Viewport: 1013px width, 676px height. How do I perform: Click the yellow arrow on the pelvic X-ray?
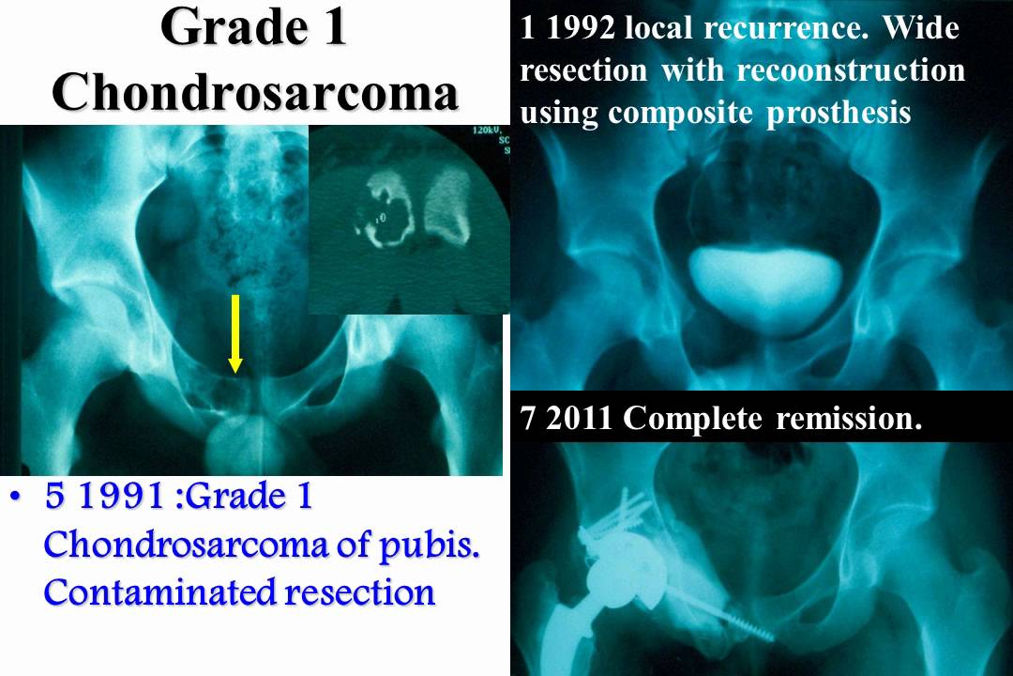click(x=235, y=334)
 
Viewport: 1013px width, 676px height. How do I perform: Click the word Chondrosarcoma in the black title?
click(x=255, y=90)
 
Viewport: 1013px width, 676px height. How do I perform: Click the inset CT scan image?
click(x=408, y=221)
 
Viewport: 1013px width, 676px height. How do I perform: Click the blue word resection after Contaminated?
click(x=362, y=592)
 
